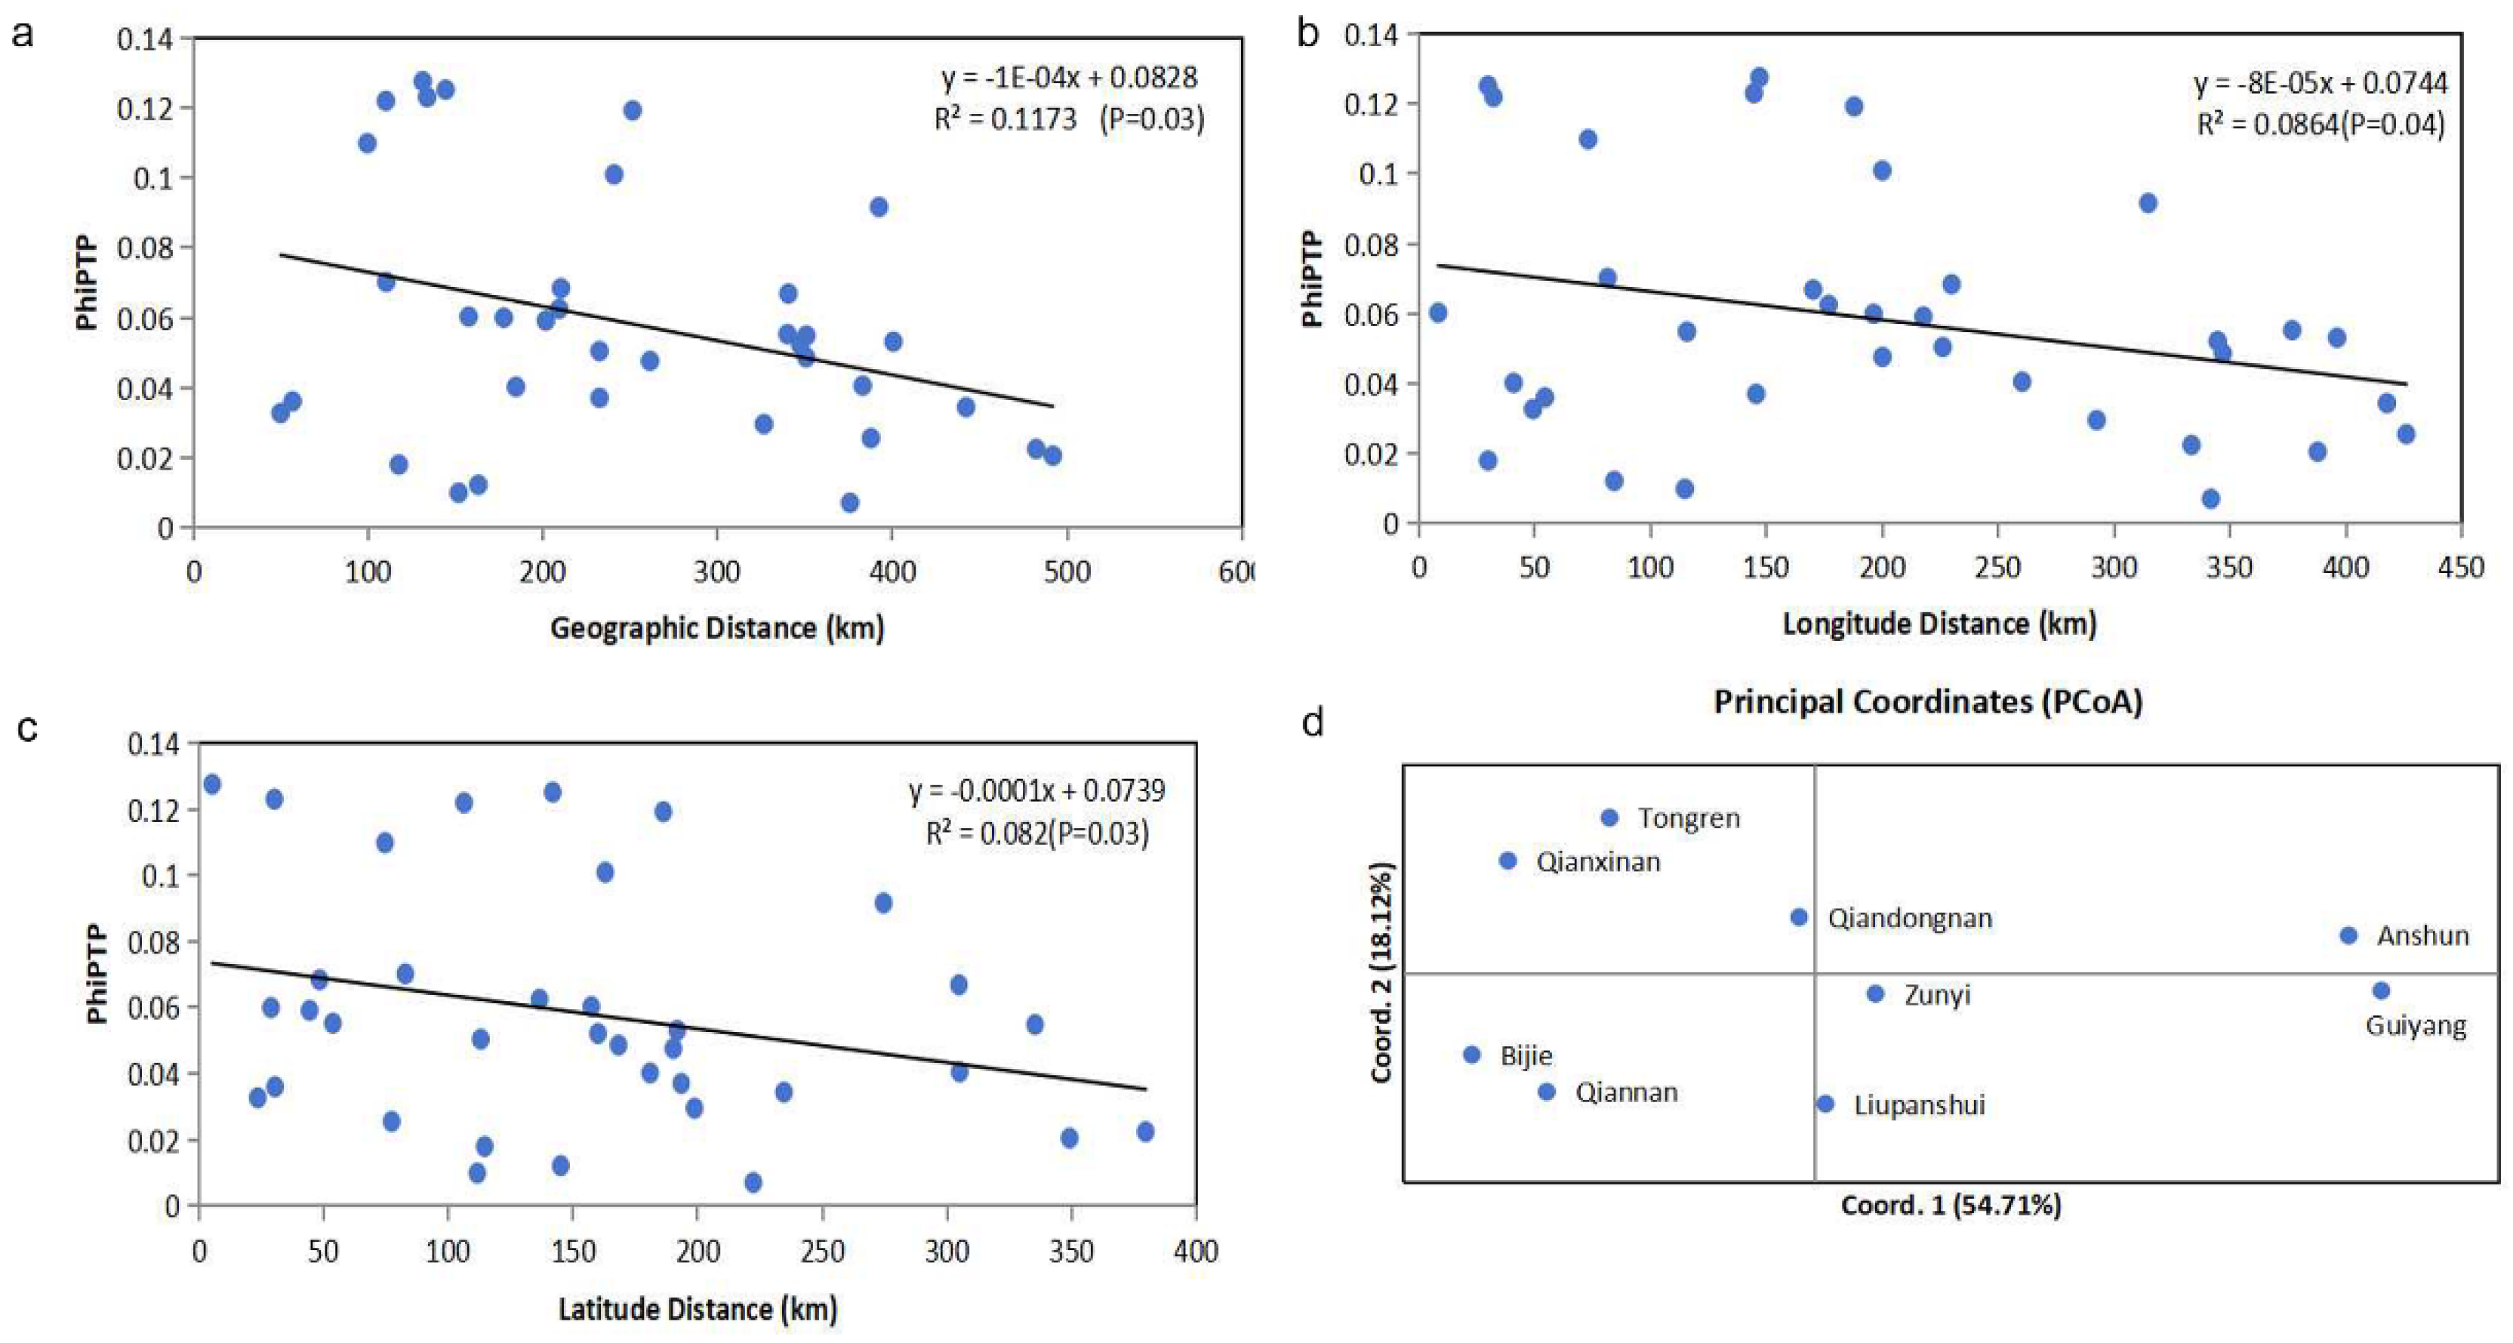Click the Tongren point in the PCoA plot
(x=1609, y=818)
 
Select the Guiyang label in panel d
(x=2416, y=1026)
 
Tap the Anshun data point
(x=2348, y=935)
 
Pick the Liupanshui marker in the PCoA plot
(x=1825, y=1104)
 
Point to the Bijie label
(x=1526, y=1055)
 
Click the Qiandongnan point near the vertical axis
(x=1799, y=916)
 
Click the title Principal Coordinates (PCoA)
(x=1928, y=701)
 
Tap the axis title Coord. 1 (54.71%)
(x=1950, y=1206)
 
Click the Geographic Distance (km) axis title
(x=717, y=627)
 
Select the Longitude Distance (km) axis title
(x=1939, y=624)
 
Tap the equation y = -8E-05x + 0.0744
(x=2321, y=83)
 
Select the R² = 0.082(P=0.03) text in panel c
(x=1037, y=832)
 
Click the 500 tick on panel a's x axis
(x=1066, y=571)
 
